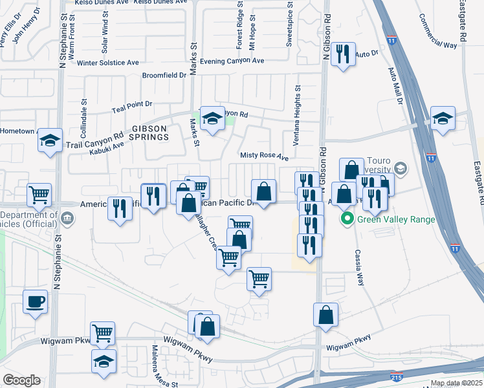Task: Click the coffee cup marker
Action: point(35,301)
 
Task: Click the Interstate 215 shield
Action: point(394,376)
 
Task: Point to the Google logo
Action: point(21,380)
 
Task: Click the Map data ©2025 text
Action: point(456,383)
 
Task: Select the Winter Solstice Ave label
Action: point(107,63)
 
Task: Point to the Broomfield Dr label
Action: point(164,75)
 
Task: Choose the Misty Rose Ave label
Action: point(264,156)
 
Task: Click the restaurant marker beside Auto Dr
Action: point(343,54)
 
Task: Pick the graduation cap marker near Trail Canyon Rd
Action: point(49,141)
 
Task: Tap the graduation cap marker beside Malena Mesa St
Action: point(102,362)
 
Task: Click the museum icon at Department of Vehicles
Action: point(67,217)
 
